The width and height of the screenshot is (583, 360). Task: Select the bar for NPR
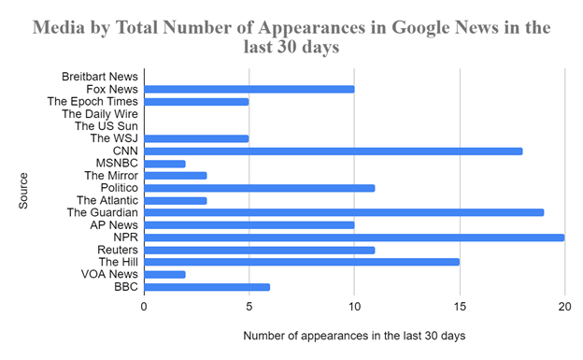(354, 238)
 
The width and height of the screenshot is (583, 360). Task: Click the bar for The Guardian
(344, 212)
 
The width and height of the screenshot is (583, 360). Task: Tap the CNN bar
(334, 151)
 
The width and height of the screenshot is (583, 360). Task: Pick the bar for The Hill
(302, 262)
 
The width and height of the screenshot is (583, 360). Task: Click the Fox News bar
(249, 89)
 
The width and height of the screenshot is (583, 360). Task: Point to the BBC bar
(207, 287)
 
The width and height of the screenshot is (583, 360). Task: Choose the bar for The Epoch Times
(196, 101)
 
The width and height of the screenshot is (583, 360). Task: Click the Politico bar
(260, 188)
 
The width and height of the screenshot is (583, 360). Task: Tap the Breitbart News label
(99, 76)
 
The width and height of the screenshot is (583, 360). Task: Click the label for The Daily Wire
(100, 113)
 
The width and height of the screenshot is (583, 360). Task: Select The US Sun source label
(106, 125)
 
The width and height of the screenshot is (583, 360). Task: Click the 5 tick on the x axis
(249, 306)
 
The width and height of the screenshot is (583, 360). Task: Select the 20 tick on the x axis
(564, 306)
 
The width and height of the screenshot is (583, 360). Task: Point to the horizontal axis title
(353, 335)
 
